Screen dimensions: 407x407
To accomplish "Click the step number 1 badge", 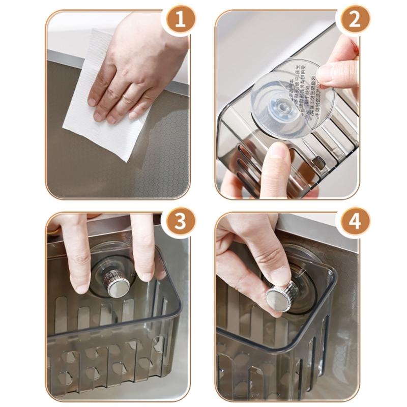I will point(179,21).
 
